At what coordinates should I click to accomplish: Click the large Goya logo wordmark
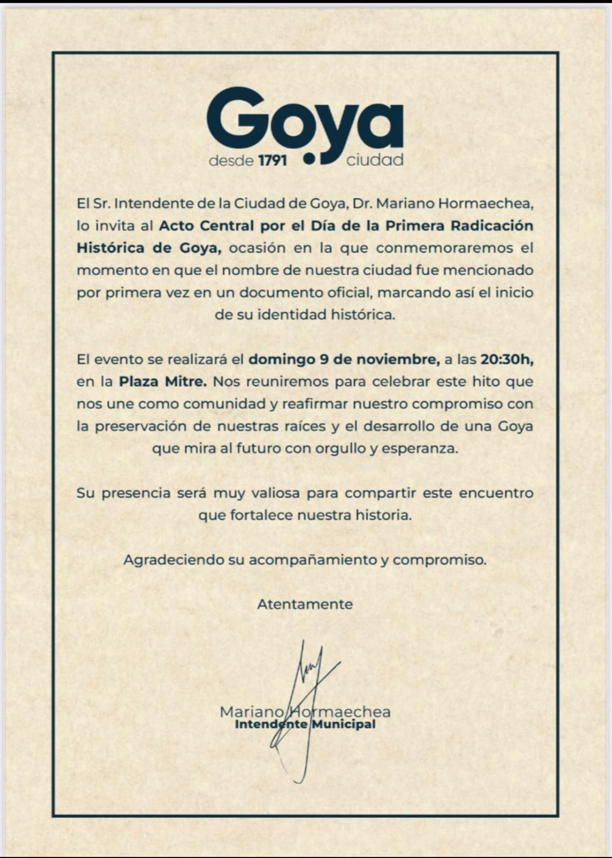point(304,121)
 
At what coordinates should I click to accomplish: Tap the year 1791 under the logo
point(272,160)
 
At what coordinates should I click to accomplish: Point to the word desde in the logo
point(231,160)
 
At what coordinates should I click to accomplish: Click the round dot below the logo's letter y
point(309,158)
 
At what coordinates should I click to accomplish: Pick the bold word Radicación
point(492,226)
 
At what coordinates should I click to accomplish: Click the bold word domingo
point(281,360)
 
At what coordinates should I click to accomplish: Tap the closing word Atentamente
point(305,604)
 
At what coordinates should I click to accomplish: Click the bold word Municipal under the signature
point(344,724)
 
